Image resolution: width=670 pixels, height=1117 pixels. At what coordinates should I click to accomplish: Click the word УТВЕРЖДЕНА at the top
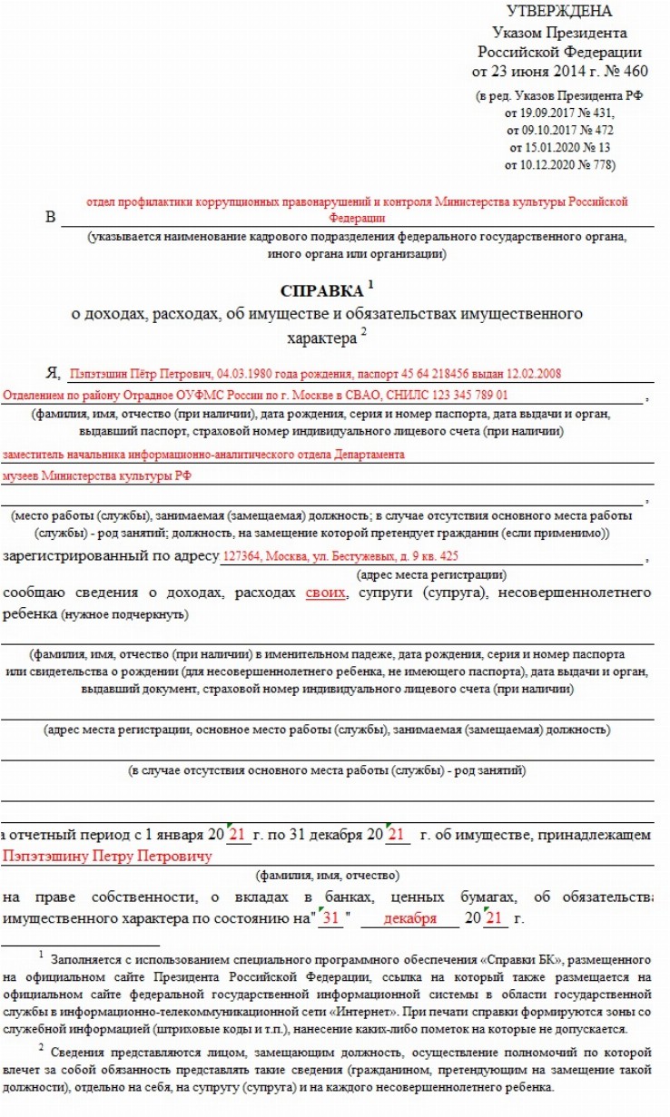pyautogui.click(x=558, y=12)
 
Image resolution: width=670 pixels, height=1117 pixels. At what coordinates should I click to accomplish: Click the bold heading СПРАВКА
pyautogui.click(x=320, y=293)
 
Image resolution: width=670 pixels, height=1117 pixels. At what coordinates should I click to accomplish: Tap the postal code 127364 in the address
pyautogui.click(x=239, y=557)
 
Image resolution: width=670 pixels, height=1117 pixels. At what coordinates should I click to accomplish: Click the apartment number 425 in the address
pyautogui.click(x=448, y=557)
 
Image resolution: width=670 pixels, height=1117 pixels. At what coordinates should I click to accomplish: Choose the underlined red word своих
pyautogui.click(x=325, y=593)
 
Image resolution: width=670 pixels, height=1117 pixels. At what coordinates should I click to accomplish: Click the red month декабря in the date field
pyautogui.click(x=409, y=918)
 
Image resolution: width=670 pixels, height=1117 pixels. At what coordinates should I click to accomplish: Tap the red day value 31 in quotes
pyautogui.click(x=331, y=918)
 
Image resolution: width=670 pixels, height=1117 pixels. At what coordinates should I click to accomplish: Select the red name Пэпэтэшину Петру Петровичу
pyautogui.click(x=107, y=855)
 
